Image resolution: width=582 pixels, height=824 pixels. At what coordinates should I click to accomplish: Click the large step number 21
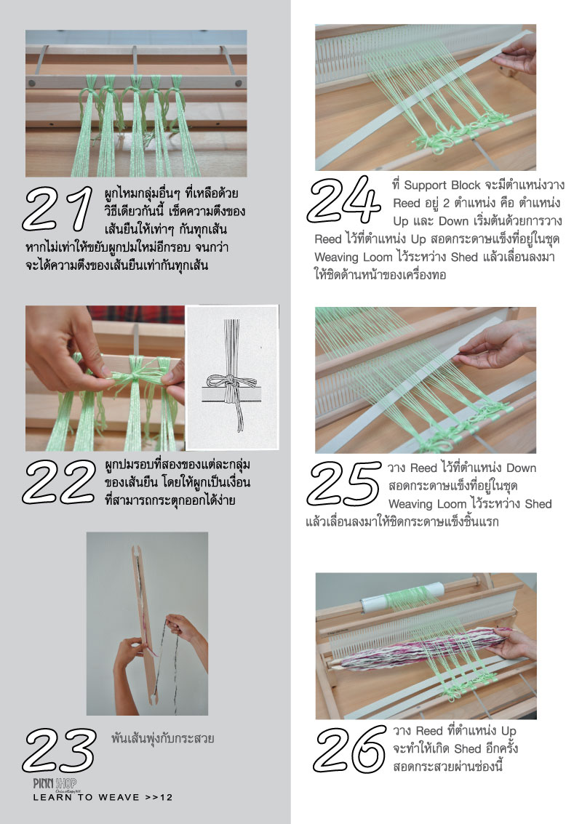(x=57, y=209)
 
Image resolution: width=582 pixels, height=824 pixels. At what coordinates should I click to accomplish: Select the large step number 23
(x=60, y=750)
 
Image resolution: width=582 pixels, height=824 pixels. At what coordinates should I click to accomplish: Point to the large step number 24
(x=344, y=200)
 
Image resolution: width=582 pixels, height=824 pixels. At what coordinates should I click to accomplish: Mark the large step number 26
(x=350, y=749)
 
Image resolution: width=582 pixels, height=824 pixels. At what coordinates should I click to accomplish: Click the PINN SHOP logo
(x=55, y=783)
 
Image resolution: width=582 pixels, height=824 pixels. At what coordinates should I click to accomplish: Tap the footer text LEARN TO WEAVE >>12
(x=103, y=797)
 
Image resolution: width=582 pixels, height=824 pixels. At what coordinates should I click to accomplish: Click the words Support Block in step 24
(x=442, y=185)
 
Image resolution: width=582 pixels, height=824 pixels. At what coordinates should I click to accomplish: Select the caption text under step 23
(x=162, y=738)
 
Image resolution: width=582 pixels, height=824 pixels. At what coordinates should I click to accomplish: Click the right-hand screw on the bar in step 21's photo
(x=239, y=83)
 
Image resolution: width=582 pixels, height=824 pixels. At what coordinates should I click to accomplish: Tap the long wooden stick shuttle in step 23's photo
(x=145, y=623)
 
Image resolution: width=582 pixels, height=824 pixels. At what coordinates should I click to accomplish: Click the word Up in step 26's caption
(x=509, y=732)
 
